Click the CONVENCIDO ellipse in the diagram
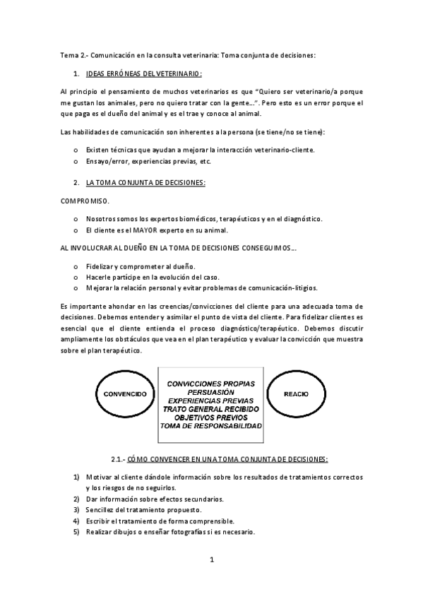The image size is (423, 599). (x=125, y=393)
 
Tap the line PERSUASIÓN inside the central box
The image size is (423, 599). (x=210, y=391)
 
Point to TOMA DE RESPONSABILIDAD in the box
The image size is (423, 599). (x=210, y=426)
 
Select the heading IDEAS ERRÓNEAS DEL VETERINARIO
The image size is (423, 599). (x=143, y=73)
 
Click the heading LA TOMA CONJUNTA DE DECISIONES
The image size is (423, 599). (x=145, y=182)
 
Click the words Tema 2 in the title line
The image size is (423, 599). (x=72, y=54)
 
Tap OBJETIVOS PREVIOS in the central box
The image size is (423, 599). (x=210, y=417)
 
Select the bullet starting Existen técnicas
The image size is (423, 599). (x=201, y=150)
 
